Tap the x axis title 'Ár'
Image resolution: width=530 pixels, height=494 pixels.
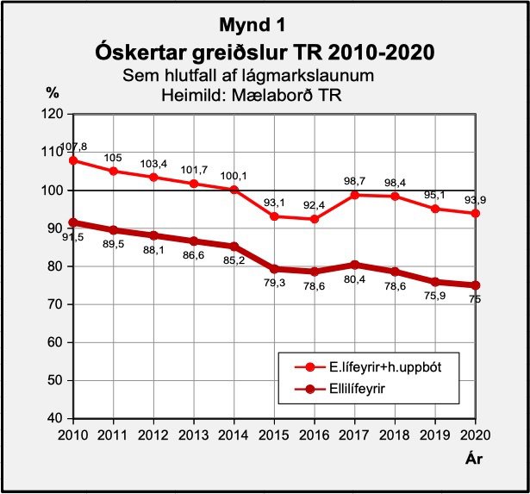click(x=473, y=458)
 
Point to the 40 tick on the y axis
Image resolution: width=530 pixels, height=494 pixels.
click(x=54, y=419)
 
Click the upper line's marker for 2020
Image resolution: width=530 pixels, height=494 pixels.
click(x=474, y=213)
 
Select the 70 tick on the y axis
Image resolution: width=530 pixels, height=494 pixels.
click(x=54, y=304)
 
